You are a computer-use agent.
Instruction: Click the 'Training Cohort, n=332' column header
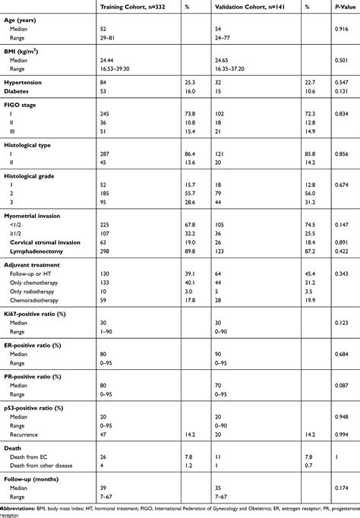[133, 5]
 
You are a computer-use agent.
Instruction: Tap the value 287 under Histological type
[106, 153]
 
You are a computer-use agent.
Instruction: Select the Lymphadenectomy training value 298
[106, 251]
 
